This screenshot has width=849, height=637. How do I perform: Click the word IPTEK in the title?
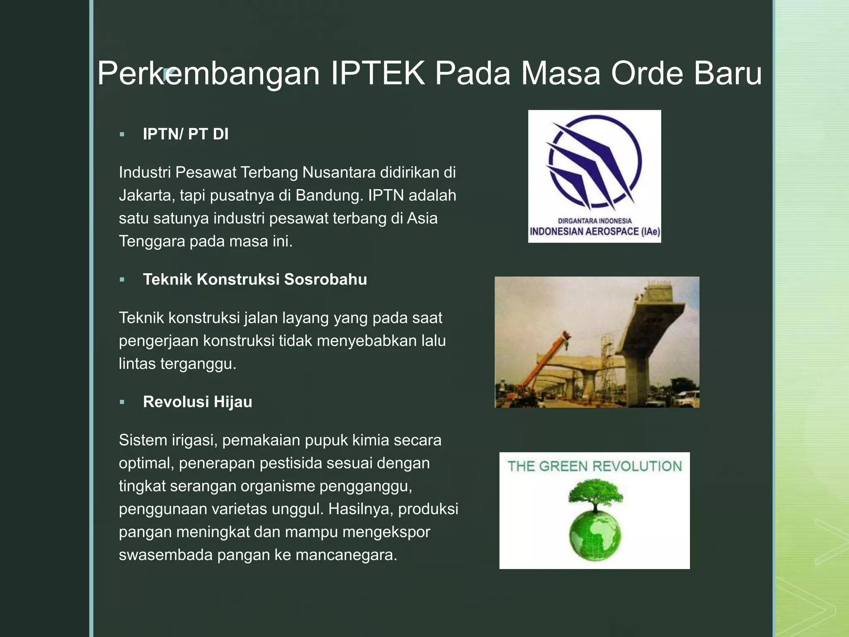(378, 73)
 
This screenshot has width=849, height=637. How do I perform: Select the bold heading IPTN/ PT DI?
(185, 134)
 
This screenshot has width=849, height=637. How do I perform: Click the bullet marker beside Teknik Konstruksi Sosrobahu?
(122, 280)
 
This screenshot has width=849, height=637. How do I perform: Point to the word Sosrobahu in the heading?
(325, 280)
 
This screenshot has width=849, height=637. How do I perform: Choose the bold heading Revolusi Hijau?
(197, 402)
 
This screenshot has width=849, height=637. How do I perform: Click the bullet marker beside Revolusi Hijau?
(122, 402)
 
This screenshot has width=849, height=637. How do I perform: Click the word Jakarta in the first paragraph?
(146, 195)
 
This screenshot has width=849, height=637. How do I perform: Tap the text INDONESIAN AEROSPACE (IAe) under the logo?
(594, 231)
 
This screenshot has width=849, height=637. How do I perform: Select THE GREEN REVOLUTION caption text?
(594, 467)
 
